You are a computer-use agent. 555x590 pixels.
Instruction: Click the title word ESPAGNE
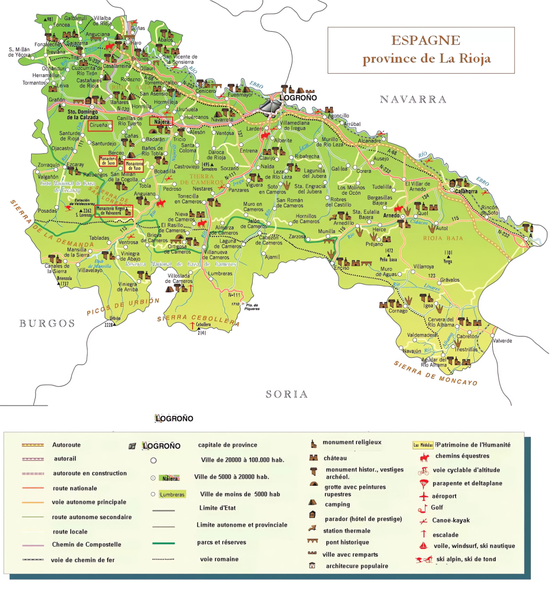(x=425, y=41)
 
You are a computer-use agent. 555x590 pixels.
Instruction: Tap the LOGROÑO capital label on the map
(x=299, y=99)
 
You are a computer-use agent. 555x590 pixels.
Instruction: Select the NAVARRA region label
(x=413, y=100)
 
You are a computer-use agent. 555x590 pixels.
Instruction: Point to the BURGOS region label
(x=47, y=323)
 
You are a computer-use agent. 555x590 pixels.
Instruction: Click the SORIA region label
(x=287, y=394)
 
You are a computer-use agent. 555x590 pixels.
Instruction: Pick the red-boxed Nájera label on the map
(x=161, y=122)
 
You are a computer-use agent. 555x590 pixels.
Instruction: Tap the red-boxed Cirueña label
(x=100, y=125)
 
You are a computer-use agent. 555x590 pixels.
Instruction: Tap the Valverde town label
(x=502, y=341)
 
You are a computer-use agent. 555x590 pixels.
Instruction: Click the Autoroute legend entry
(x=66, y=445)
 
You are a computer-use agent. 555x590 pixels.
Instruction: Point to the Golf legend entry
(x=438, y=508)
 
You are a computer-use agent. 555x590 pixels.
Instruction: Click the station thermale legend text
(x=346, y=531)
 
